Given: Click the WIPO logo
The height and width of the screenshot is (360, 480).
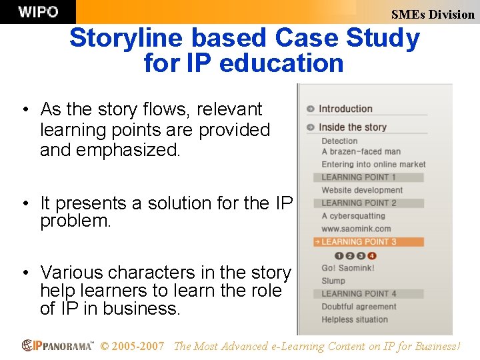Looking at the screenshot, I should click(37, 11).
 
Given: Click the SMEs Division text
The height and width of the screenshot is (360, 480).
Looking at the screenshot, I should click(433, 14).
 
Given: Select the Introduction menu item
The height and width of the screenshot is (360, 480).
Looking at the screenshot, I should click(345, 109).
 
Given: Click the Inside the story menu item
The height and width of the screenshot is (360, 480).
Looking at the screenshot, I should click(352, 127).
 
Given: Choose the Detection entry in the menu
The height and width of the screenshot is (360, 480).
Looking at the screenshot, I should click(339, 141).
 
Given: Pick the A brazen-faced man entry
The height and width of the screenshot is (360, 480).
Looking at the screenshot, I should click(361, 152).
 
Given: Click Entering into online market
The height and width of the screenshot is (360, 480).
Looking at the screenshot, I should click(373, 164).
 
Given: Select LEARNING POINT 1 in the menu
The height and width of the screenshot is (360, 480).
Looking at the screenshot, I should click(359, 177).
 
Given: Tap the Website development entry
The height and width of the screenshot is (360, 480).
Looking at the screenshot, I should click(362, 190).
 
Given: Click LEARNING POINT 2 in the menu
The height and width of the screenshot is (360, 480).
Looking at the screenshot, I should click(359, 203).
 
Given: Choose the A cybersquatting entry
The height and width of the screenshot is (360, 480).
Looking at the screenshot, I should click(353, 216).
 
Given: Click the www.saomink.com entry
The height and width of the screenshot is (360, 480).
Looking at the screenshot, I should click(356, 229).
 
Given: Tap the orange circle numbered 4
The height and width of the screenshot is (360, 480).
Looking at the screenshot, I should click(372, 255).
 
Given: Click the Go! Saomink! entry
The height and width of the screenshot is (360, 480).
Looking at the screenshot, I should click(347, 268).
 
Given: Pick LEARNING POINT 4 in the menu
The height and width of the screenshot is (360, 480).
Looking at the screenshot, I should click(359, 293).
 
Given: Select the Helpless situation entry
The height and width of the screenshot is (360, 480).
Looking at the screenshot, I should click(354, 319).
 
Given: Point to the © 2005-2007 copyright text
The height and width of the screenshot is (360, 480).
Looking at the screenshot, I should click(132, 346).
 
